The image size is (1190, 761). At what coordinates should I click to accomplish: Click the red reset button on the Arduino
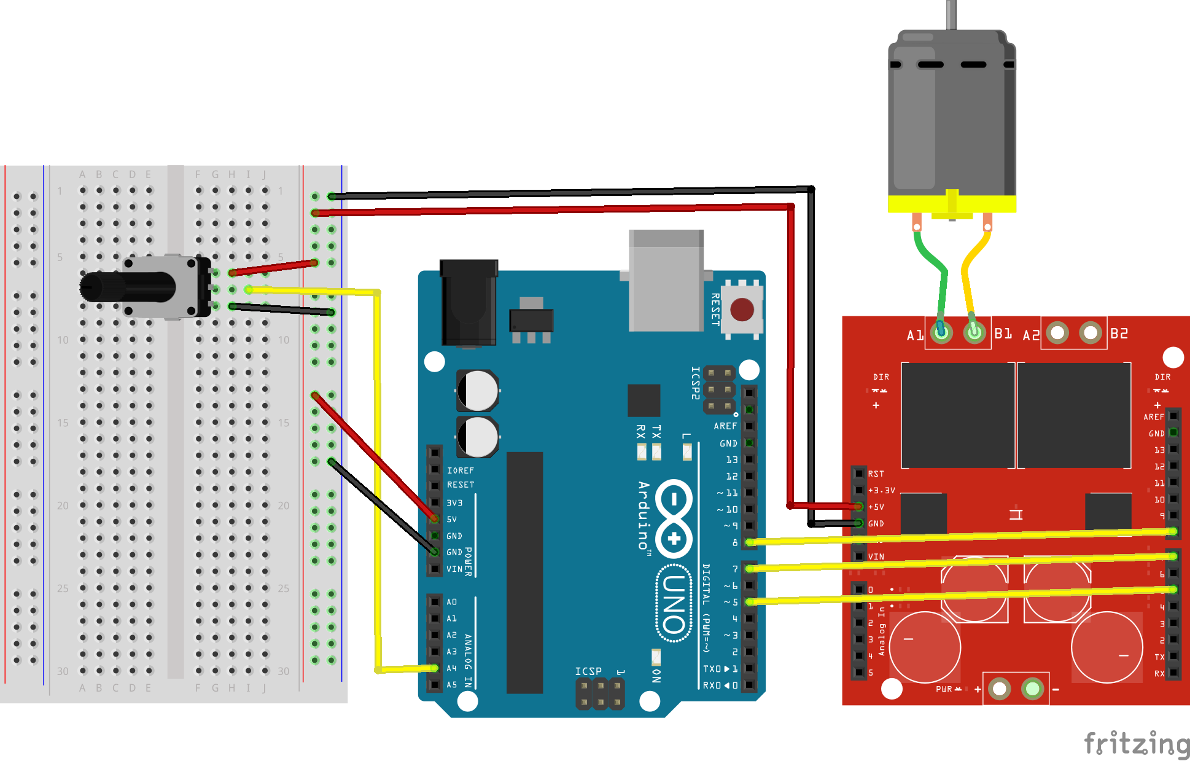point(742,310)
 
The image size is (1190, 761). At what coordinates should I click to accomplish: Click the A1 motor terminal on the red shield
point(941,333)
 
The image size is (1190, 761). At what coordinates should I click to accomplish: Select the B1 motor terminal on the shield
point(974,333)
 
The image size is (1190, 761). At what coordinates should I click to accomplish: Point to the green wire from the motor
point(934,264)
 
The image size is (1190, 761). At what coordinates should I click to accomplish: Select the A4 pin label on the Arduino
point(452,668)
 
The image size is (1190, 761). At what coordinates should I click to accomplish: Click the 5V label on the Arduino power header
point(452,519)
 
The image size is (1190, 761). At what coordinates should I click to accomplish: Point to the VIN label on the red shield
point(876,556)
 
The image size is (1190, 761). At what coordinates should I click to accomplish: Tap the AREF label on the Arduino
point(725,426)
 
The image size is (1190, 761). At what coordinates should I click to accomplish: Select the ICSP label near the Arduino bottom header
point(588,671)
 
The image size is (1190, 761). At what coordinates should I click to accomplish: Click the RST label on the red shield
point(876,474)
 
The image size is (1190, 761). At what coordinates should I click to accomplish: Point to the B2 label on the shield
point(1119,334)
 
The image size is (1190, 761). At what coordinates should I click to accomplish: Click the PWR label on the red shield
point(944,689)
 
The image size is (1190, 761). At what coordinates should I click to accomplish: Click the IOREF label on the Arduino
point(461,470)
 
